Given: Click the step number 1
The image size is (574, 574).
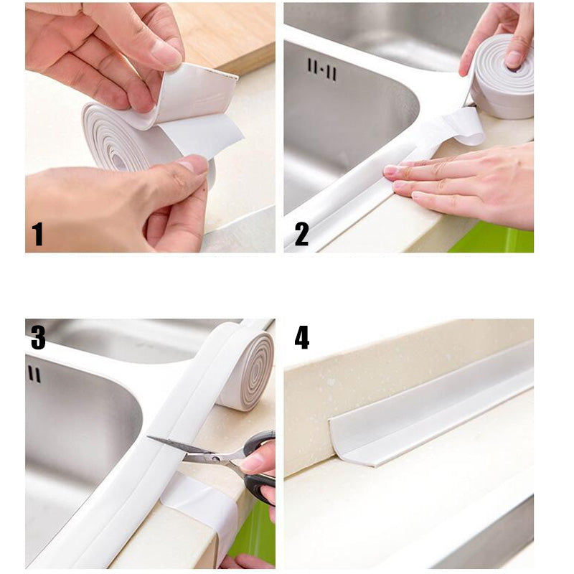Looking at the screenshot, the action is (x=37, y=234).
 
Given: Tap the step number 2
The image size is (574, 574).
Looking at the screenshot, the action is (x=301, y=234).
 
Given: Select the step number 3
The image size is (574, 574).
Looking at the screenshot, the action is (x=38, y=337).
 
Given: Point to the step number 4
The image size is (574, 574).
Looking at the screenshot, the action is (x=302, y=337).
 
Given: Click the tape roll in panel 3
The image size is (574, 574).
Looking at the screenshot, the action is (x=245, y=370).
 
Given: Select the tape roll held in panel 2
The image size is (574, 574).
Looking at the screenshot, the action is (x=502, y=77).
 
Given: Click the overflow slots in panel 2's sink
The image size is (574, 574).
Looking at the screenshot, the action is (x=321, y=69).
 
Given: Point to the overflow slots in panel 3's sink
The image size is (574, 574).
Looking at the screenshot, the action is (x=34, y=374).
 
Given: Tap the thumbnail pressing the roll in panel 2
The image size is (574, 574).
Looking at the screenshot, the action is (x=514, y=59).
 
